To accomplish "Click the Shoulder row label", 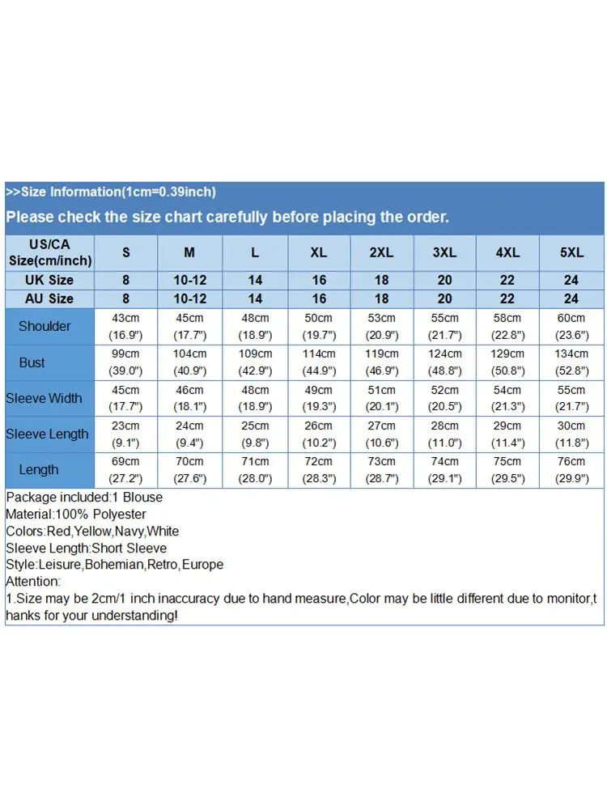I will pos(45,326).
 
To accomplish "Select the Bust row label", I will pos(32,362).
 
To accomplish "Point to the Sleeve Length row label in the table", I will pos(47,434).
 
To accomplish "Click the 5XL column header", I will pos(571,252).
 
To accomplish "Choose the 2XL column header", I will pos(381,252).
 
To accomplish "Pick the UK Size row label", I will pos(49,280).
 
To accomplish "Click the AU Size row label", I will pos(49,299).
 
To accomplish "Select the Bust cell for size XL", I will pos(319,362).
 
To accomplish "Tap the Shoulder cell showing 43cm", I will pos(125,326).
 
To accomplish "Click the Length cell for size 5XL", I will pos(571,469).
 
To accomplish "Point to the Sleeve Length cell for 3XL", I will pos(444,434).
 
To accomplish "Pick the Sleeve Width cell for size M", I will pos(189,398).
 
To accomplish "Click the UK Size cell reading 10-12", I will pos(189,280).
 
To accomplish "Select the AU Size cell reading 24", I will pos(571,299).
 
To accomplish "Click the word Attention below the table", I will pos(32,582).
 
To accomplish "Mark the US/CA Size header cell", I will pos(49,252).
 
